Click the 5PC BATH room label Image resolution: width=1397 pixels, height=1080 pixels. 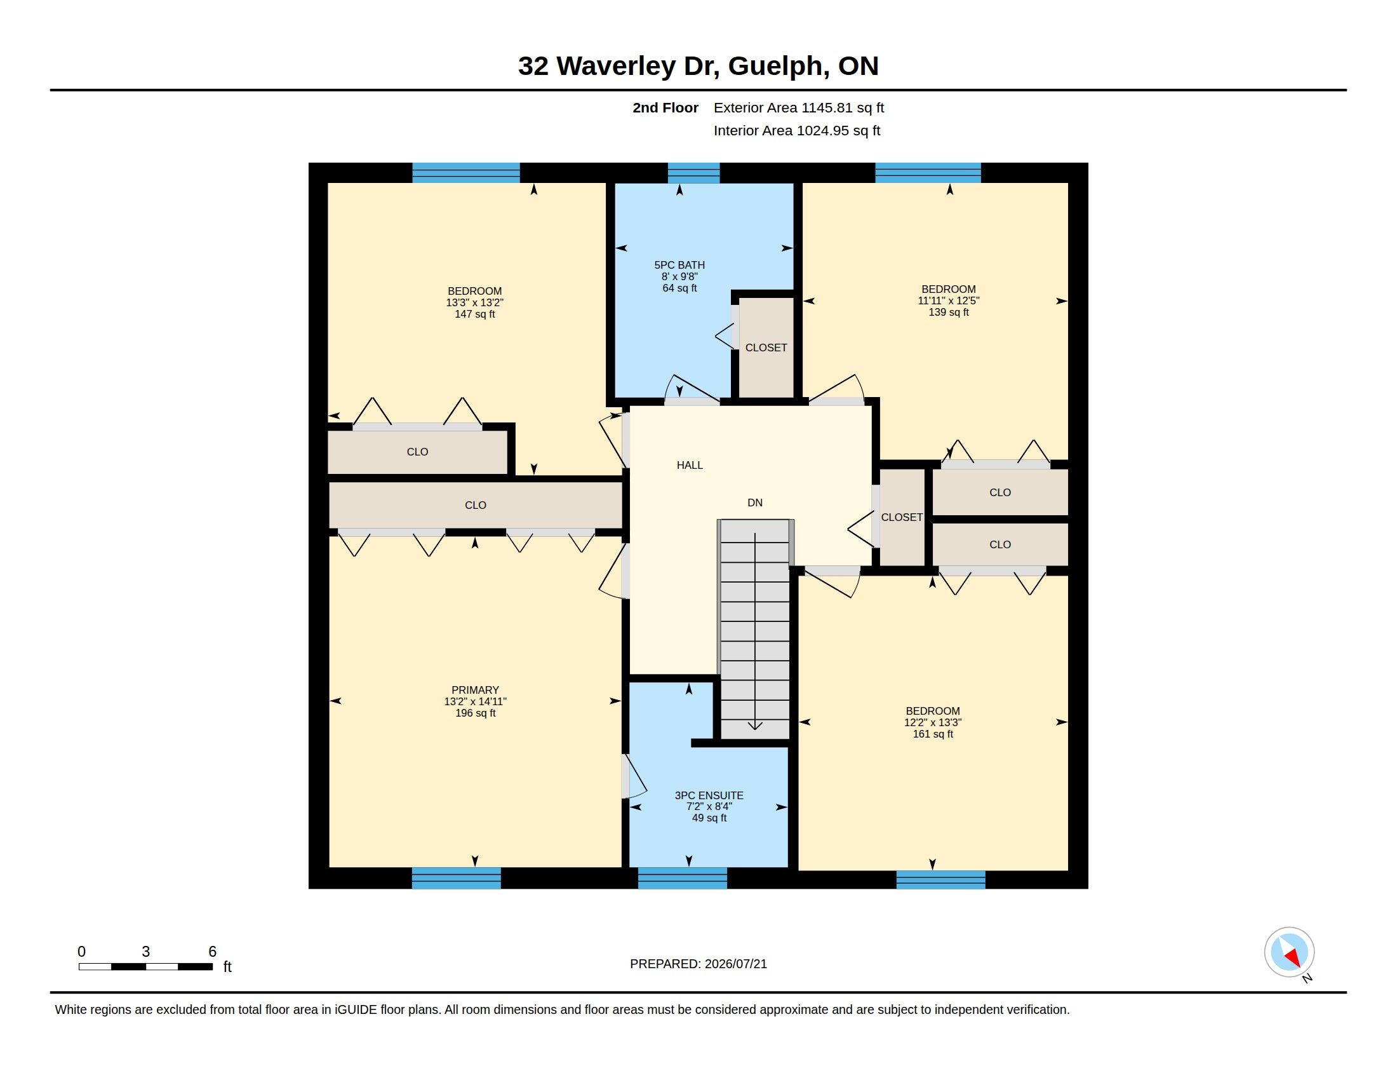679,265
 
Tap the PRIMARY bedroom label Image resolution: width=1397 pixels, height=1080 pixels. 475,690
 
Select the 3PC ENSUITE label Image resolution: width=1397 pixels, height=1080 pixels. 709,795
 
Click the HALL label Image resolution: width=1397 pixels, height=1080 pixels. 690,465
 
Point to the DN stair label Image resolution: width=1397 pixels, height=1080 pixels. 755,503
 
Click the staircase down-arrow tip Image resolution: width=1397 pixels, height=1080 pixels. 756,729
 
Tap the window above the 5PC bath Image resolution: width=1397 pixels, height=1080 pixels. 694,173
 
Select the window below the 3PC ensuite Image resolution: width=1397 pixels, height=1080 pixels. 683,878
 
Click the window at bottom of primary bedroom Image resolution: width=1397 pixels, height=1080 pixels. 456,878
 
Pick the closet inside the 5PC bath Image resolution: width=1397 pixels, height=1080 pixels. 766,348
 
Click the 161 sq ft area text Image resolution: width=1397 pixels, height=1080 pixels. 933,734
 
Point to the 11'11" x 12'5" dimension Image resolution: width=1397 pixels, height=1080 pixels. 949,300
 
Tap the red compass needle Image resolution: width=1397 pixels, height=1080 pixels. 1293,958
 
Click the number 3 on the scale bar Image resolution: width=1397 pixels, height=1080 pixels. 146,952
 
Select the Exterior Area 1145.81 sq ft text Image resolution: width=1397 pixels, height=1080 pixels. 799,108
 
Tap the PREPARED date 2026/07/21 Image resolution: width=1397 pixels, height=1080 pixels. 735,964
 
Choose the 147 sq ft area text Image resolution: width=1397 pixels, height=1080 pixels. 474,314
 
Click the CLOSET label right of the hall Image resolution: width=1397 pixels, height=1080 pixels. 902,517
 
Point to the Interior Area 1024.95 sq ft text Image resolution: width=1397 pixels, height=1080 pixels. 797,130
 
